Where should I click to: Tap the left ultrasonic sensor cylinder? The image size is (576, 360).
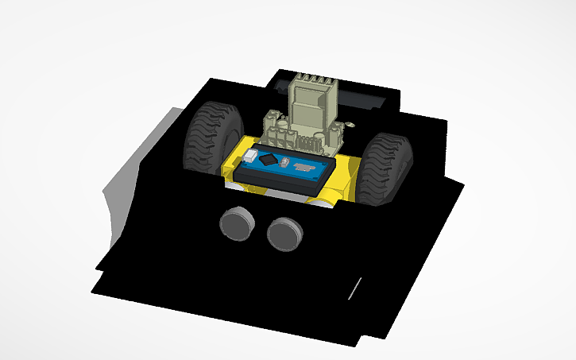pos(236,223)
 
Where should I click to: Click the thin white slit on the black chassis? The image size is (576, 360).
pos(357,288)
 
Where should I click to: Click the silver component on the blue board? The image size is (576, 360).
pos(304,167)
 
